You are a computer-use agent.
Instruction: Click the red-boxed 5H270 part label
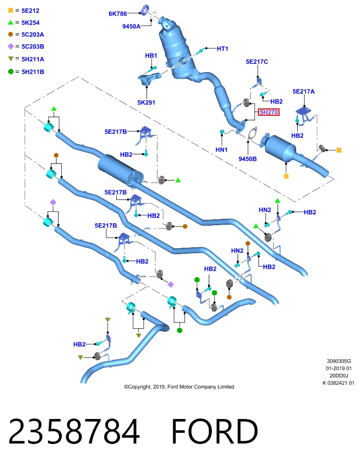[269, 112]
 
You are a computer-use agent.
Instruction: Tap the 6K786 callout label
[118, 14]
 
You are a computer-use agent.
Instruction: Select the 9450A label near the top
[131, 26]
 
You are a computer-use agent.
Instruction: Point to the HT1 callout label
[223, 49]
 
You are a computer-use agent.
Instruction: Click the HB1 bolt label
[151, 55]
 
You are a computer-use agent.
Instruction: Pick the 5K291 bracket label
[146, 103]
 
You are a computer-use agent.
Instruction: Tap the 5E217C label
[257, 62]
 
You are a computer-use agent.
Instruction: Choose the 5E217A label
[304, 91]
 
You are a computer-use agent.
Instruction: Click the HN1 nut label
[222, 150]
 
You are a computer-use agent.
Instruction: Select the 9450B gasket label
[248, 159]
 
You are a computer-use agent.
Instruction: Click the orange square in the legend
[10, 10]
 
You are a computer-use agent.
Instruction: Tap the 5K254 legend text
[30, 23]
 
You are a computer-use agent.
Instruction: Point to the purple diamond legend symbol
[10, 46]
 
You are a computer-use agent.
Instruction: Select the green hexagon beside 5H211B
[10, 72]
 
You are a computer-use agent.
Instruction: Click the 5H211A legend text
[33, 59]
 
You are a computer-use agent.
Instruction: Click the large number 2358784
[74, 431]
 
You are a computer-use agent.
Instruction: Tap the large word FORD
[215, 431]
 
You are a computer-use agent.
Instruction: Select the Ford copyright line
[179, 387]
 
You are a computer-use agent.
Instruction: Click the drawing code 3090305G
[339, 361]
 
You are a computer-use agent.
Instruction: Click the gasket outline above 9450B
[252, 133]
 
